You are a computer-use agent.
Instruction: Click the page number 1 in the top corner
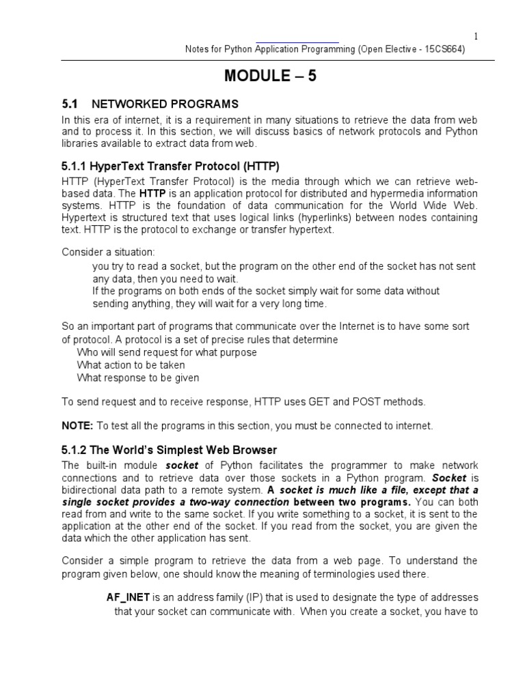click(x=476, y=36)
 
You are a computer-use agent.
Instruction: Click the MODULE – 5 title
click(x=270, y=76)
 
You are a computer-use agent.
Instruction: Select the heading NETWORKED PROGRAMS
click(x=165, y=104)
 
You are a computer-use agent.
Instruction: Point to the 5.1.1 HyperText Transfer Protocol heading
click(x=171, y=166)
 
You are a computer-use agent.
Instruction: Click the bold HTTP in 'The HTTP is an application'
click(x=152, y=193)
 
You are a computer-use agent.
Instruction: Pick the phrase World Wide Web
click(x=444, y=205)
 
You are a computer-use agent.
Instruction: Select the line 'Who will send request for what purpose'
click(x=167, y=352)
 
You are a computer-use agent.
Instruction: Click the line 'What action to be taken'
click(x=131, y=365)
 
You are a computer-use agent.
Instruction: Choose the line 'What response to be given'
click(x=138, y=377)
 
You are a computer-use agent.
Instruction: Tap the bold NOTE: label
click(x=77, y=425)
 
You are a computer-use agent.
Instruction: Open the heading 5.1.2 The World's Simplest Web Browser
click(x=170, y=451)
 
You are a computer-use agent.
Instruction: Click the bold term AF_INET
click(x=128, y=597)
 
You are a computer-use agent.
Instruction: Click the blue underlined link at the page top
click(x=297, y=42)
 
